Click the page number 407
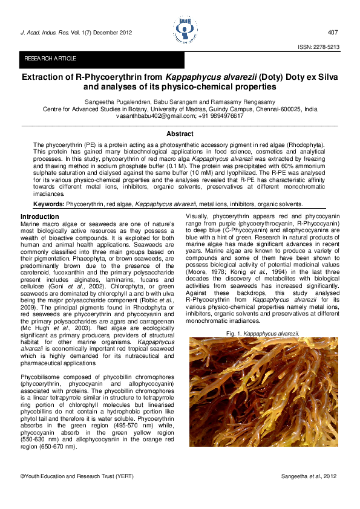pyautogui.click(x=332, y=32)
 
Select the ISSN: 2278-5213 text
pyautogui.click(x=317, y=47)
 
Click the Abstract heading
pyautogui.click(x=180, y=134)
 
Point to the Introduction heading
pyautogui.click(x=40, y=216)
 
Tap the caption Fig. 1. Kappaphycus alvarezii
pyautogui.click(x=263, y=334)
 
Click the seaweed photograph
pyautogui.click(x=263, y=392)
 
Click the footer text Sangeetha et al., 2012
pyautogui.click(x=309, y=477)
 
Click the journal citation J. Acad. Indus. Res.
pyautogui.click(x=44, y=32)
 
